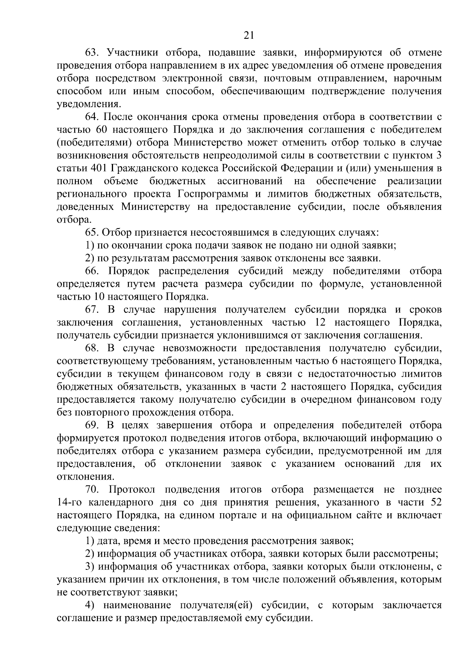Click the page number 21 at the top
[248, 36]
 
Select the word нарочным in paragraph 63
[418, 78]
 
